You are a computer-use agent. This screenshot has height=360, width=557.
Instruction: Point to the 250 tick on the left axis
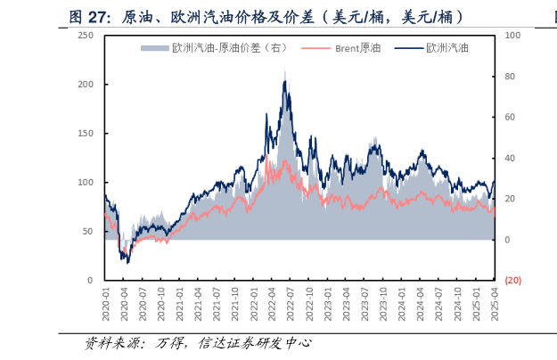pos(86,35)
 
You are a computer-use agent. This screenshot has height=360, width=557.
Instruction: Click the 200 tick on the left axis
pos(86,84)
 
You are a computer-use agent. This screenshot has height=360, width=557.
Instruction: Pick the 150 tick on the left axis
pos(86,133)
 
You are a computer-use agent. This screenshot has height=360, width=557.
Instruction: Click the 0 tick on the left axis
pos(90,280)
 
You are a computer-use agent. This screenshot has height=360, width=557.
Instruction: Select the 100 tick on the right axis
pos(512,35)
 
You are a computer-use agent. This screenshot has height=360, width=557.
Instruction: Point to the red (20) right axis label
pos(513,280)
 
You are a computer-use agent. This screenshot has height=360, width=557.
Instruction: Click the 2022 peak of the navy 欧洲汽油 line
pos(284,81)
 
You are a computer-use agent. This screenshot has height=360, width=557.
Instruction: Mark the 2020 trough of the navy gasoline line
pos(127,262)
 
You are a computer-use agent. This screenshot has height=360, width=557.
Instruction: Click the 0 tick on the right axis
pos(507,240)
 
